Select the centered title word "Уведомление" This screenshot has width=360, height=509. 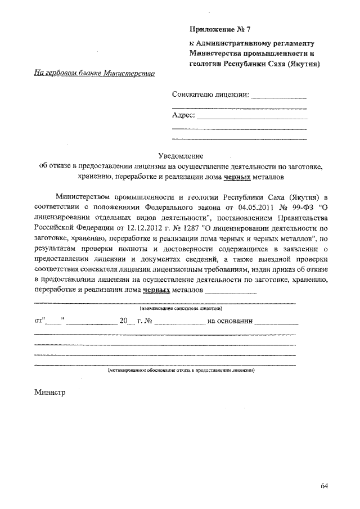point(180,155)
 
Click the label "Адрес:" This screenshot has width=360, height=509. point(183,116)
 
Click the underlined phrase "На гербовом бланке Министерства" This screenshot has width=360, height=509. point(94,74)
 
